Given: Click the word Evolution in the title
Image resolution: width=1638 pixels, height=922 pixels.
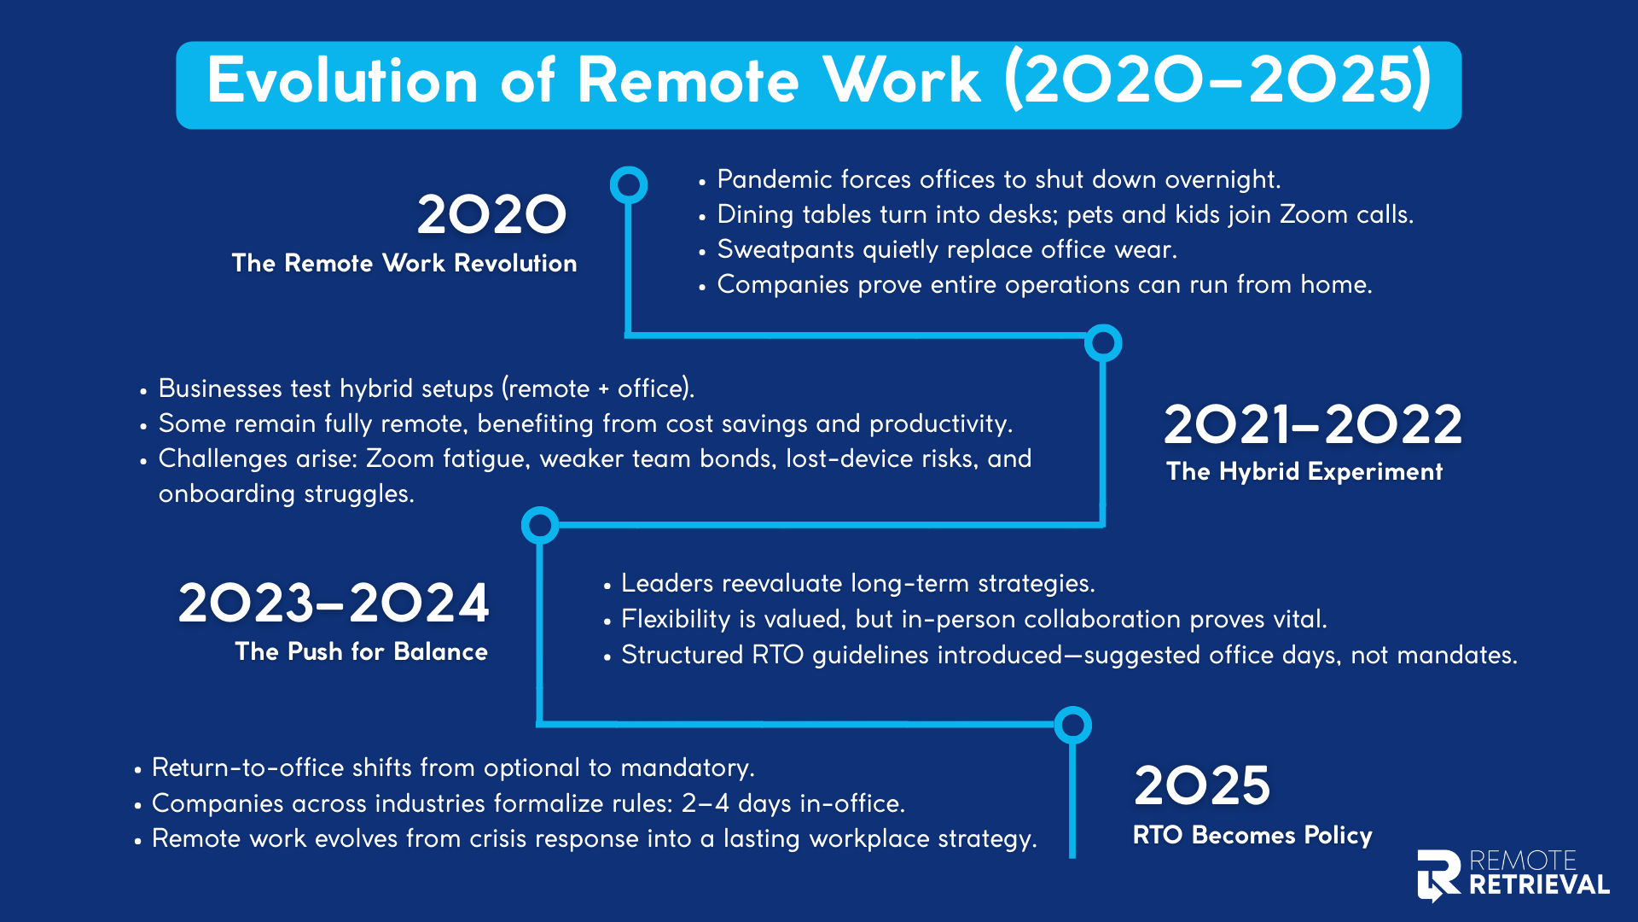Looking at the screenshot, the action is pos(342,81).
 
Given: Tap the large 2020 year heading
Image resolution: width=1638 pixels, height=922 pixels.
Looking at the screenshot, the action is pos(491,214).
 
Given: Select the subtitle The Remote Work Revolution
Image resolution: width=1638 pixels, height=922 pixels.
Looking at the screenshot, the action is pos(404,263).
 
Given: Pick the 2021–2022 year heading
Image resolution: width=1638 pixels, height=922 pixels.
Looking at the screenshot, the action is pos(1313,424).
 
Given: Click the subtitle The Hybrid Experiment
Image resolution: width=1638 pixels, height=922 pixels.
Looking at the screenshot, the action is pos(1304,471).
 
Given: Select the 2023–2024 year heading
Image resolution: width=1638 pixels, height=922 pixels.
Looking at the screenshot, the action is pos(334,603).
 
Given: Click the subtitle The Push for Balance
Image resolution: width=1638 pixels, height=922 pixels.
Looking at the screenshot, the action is pos(362,651).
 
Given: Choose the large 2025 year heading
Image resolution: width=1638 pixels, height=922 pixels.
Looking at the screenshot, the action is pos(1202,785).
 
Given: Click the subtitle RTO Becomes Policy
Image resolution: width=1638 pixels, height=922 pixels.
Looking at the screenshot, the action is pos(1252,835).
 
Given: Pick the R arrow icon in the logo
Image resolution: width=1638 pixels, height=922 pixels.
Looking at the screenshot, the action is pos(1438,875).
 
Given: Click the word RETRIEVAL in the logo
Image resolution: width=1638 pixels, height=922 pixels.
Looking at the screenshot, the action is pos(1539,884).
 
